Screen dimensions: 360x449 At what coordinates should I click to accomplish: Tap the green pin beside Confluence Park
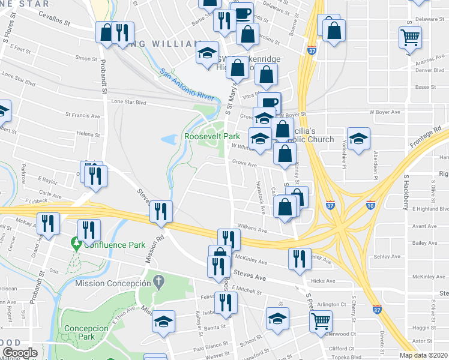point(76,244)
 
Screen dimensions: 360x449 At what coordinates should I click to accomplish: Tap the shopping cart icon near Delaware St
point(411,37)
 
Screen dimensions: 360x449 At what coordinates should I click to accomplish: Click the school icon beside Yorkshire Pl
point(358,139)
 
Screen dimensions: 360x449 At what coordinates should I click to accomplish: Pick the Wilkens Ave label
point(252,229)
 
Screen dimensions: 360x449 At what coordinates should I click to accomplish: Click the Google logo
point(20,353)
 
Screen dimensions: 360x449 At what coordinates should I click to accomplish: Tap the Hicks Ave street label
point(323,280)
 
